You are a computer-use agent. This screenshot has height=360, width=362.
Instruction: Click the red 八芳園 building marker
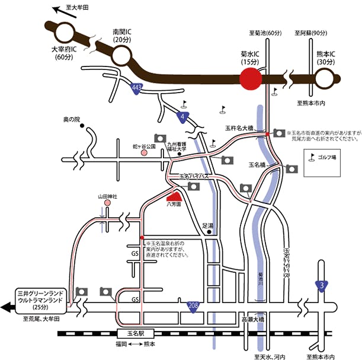coord(174,196)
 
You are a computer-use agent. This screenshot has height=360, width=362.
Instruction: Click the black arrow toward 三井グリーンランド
coord(9,307)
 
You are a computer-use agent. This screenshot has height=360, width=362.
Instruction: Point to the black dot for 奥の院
coord(84,126)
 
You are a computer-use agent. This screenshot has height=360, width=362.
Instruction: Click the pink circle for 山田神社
coord(108,203)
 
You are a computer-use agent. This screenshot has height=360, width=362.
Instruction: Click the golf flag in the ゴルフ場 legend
coord(311,157)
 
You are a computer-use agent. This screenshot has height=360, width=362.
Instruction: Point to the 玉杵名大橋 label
coord(239,128)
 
